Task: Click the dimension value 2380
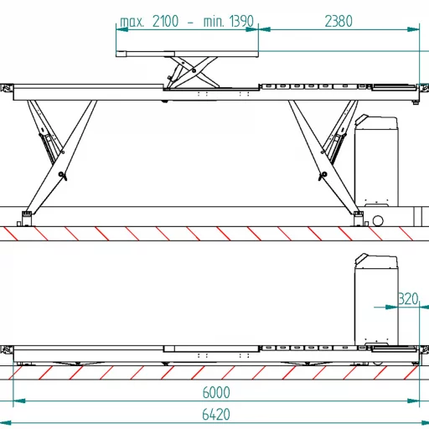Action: [339, 21]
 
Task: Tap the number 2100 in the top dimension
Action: [165, 21]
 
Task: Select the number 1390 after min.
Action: [241, 21]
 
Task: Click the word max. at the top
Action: [132, 22]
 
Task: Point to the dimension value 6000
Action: [216, 392]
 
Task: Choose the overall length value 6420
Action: [216, 414]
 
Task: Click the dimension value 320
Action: [408, 298]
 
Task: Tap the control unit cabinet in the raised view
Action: [376, 161]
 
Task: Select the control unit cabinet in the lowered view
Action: [376, 299]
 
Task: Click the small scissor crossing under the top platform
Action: [194, 70]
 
